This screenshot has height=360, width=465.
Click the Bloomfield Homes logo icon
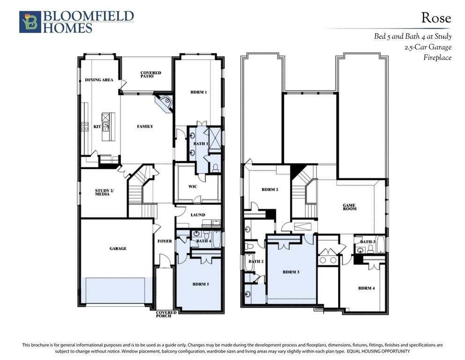tap(30, 22)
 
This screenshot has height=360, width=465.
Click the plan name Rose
tap(436, 18)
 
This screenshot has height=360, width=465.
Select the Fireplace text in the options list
tap(437, 58)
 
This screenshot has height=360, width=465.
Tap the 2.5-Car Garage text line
tap(428, 47)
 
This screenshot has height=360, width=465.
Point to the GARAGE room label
tap(118, 248)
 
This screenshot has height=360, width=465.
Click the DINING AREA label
tap(99, 80)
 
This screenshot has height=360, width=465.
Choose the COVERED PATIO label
tap(151, 74)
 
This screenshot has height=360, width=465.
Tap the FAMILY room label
tap(145, 127)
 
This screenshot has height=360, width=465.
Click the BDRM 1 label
tap(199, 92)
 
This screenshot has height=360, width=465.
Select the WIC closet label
tap(193, 187)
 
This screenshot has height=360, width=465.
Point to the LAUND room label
tap(198, 215)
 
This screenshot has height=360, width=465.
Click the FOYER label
tap(164, 241)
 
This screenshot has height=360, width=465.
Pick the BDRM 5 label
tap(201, 284)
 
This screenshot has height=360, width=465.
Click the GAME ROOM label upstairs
tap(349, 207)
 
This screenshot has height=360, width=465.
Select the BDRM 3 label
tap(291, 272)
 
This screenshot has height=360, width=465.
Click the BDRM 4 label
tap(367, 288)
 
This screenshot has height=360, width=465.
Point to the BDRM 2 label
tap(270, 189)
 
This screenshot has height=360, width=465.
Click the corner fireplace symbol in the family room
tap(164, 103)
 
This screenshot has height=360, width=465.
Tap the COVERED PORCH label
tap(166, 314)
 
